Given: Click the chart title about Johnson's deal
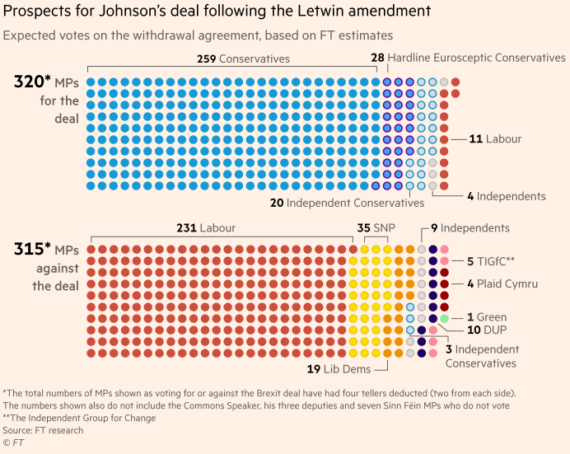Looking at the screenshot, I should coord(216,12).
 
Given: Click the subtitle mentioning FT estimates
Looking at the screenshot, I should coord(198,35).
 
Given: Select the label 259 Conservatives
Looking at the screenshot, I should coord(243,59).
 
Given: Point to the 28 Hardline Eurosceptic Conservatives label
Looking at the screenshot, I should coord(468,58).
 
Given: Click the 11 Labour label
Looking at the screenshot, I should coord(495,139).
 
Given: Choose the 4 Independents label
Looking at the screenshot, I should coord(506,196).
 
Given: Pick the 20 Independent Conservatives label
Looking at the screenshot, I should coord(347,203).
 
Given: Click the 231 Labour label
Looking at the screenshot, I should coord(205,227).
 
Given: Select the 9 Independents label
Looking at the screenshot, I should coord(470,227).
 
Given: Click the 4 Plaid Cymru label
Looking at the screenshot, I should coord(502,283).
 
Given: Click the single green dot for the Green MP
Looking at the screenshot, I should coord(444,318).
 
